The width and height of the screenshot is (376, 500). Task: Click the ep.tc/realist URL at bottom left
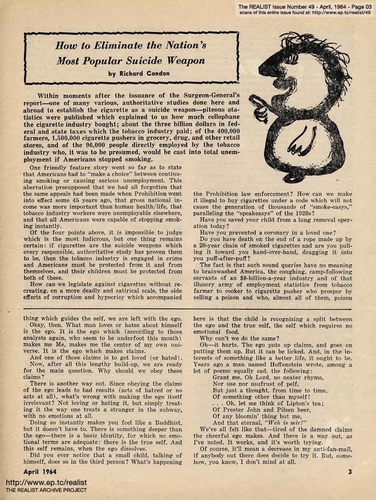pyautogui.click(x=46, y=483)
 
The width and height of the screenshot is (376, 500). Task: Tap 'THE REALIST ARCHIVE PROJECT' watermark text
pyautogui.click(x=46, y=490)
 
